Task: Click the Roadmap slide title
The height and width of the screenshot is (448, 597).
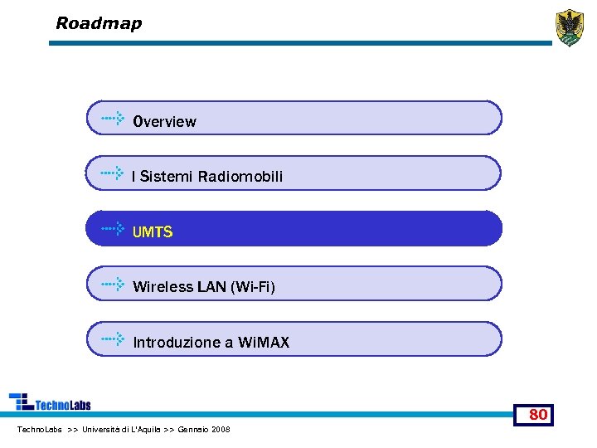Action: (x=99, y=23)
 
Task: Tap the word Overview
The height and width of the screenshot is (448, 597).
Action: (x=164, y=122)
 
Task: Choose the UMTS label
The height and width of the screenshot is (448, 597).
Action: (x=153, y=232)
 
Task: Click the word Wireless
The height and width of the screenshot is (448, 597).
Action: (x=163, y=287)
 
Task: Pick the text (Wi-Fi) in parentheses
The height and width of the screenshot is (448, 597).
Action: (x=253, y=287)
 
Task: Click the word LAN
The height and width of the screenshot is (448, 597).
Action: (x=211, y=287)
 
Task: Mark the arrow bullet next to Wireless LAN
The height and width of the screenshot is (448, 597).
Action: (x=113, y=284)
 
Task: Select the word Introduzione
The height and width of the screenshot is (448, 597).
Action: (x=177, y=343)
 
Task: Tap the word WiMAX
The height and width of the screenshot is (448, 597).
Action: (x=264, y=343)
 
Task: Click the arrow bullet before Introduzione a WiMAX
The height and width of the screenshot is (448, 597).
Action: (x=113, y=339)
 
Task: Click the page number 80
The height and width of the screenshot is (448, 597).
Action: (x=537, y=414)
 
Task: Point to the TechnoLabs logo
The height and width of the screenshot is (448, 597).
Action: (x=50, y=402)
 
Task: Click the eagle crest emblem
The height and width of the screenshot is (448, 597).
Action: (x=570, y=27)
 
